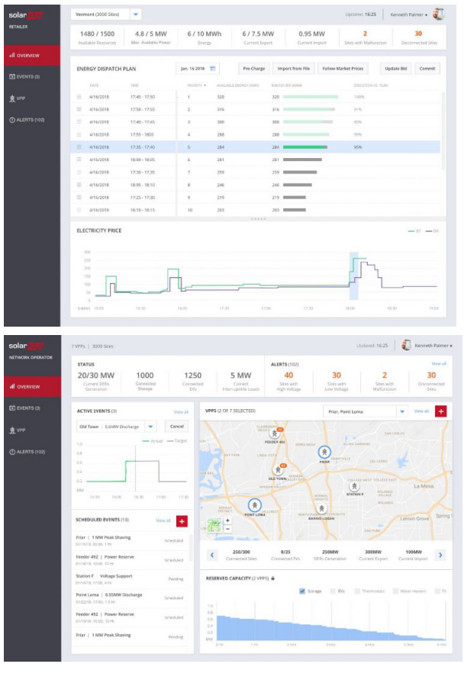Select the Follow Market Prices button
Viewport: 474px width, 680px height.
(342, 69)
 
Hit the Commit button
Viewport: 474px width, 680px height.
(427, 69)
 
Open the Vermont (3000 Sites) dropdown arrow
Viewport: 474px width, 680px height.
(135, 14)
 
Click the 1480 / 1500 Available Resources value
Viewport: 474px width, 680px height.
(96, 34)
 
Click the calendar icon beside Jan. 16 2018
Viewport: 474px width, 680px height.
(213, 69)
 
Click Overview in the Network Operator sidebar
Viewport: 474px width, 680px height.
(28, 386)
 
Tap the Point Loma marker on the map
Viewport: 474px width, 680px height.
(254, 504)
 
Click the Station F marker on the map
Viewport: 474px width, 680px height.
(353, 485)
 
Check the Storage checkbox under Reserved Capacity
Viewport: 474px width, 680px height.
(303, 591)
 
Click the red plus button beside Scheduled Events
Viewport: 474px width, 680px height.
(182, 521)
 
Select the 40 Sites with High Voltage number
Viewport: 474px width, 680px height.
(289, 375)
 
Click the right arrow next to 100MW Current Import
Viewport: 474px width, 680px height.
(440, 555)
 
